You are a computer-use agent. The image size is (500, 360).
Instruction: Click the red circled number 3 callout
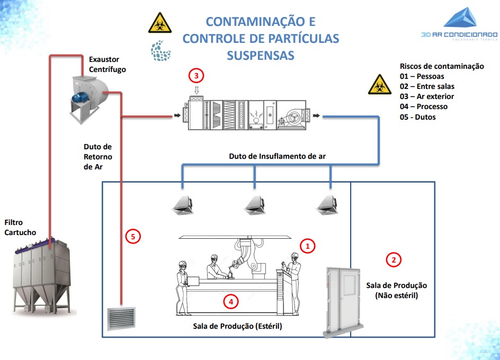197,76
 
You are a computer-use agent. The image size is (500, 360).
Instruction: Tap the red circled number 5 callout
133,236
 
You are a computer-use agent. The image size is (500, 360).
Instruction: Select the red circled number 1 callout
307,246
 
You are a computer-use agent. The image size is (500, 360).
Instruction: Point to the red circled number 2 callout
393,259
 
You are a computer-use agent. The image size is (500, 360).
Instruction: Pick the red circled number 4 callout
230,301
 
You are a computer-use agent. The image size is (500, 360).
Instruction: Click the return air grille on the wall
122,318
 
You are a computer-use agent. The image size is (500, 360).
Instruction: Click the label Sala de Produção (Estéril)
237,326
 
